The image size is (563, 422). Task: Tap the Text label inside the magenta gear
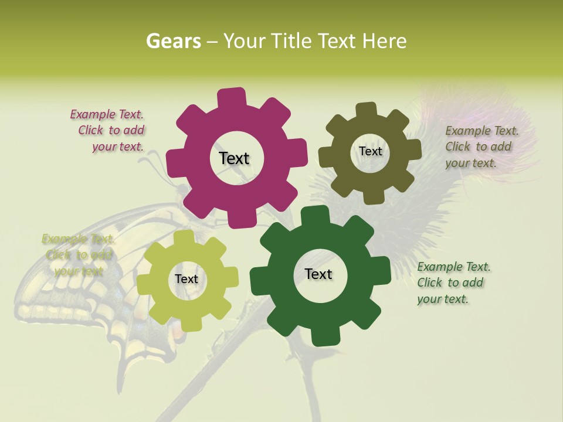(234, 158)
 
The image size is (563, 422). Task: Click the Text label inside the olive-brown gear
(370, 151)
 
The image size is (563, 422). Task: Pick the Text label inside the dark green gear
(318, 274)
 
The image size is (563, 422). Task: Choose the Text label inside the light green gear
(186, 279)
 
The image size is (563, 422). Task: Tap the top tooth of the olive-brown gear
(367, 110)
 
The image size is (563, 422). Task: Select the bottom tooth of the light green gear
(187, 324)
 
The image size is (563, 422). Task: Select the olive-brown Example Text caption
(481, 147)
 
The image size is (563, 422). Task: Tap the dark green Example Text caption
(453, 283)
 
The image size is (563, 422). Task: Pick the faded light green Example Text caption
(78, 255)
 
